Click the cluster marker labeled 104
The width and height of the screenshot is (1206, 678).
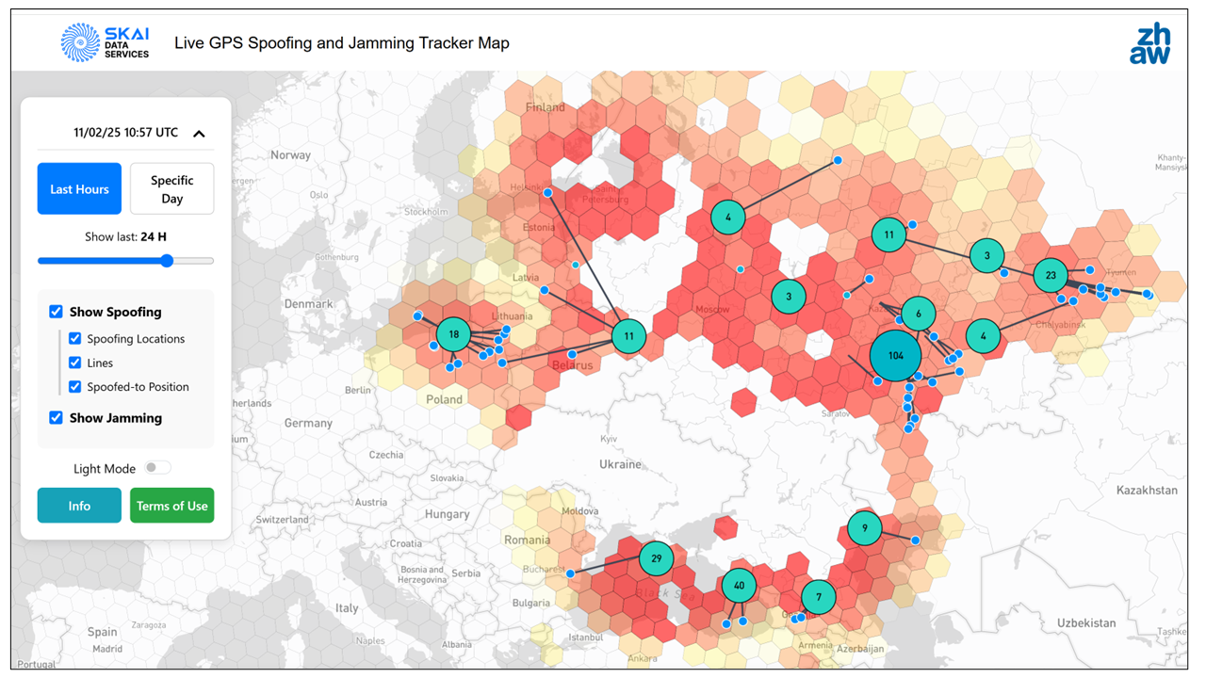pyautogui.click(x=895, y=356)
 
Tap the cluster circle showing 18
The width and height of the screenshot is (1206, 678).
pyautogui.click(x=454, y=334)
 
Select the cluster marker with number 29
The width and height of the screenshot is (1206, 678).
pyautogui.click(x=657, y=558)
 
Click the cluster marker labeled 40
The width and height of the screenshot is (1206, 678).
pyautogui.click(x=739, y=586)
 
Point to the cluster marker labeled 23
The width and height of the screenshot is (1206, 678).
pyautogui.click(x=1051, y=276)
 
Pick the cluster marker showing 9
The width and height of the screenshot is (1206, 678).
pyautogui.click(x=865, y=528)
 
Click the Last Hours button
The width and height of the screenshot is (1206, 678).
pyautogui.click(x=79, y=189)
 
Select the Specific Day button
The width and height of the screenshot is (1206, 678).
pyautogui.click(x=171, y=189)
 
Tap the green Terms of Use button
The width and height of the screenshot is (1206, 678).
pyautogui.click(x=171, y=506)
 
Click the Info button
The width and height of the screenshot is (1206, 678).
pyautogui.click(x=79, y=506)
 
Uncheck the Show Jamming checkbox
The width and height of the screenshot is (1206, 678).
pyautogui.click(x=56, y=418)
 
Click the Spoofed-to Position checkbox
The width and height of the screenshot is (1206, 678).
pyautogui.click(x=75, y=387)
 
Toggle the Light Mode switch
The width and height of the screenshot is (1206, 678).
pyautogui.click(x=157, y=468)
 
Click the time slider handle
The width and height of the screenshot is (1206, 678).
pyautogui.click(x=167, y=261)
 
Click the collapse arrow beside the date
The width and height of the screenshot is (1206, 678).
pyautogui.click(x=199, y=134)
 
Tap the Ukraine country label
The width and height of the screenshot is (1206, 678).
pyautogui.click(x=620, y=464)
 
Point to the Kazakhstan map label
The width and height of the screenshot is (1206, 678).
pyautogui.click(x=1147, y=491)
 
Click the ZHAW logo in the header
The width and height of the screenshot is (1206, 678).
pyautogui.click(x=1149, y=43)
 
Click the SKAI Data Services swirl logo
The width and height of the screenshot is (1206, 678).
pyautogui.click(x=80, y=43)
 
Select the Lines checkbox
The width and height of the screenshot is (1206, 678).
pyautogui.click(x=75, y=363)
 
